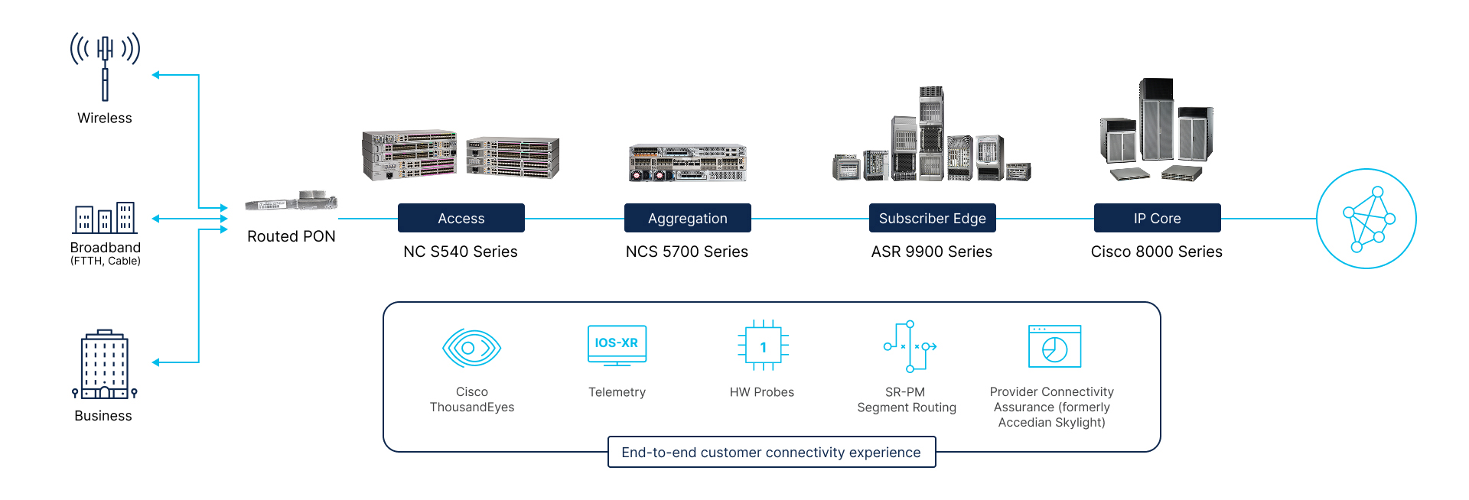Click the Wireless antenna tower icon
click(105, 66)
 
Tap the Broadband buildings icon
click(105, 218)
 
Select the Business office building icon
click(104, 365)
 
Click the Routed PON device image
click(292, 201)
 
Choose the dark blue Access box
click(461, 218)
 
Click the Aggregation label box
click(687, 218)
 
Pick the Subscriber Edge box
click(932, 218)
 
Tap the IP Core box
click(1157, 218)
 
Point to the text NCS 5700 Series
click(686, 252)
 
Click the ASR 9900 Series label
click(931, 252)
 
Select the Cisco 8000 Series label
click(1156, 252)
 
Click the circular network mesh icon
click(1366, 219)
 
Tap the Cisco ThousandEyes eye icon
click(471, 348)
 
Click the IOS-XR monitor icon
click(617, 345)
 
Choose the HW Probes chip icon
click(763, 346)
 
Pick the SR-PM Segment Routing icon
click(909, 346)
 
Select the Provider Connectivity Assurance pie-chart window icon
click(1054, 346)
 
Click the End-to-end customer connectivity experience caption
click(771, 452)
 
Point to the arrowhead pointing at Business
click(156, 362)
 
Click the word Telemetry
click(617, 392)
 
